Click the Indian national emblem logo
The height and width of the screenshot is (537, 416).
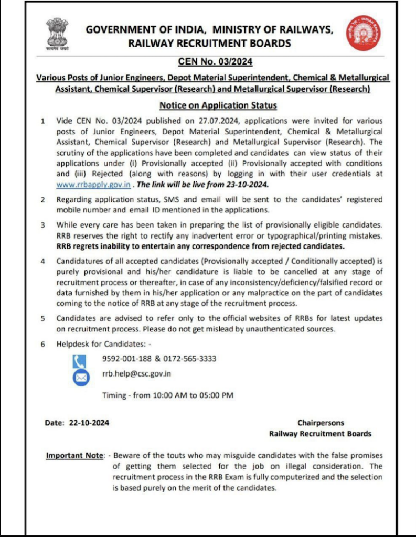[x=57, y=34]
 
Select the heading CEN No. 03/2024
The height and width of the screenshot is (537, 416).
[x=215, y=62]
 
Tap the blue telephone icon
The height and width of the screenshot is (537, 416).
[x=79, y=360]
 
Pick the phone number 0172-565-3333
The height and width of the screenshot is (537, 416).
[x=190, y=359]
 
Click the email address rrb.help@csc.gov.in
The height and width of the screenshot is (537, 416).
[x=137, y=374]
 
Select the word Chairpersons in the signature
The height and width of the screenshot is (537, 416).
[x=321, y=422]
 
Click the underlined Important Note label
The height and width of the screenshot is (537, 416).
[x=75, y=455]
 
